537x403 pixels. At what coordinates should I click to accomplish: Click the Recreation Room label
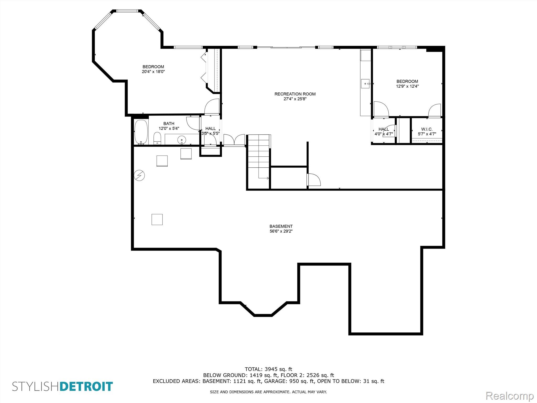295,94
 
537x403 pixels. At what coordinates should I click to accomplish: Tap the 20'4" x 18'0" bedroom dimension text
153,72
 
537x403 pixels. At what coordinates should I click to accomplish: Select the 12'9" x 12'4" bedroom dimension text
407,86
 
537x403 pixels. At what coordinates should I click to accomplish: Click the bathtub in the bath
141,132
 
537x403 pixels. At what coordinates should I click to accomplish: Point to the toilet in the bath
157,138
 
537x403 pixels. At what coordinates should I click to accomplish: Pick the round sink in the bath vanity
181,140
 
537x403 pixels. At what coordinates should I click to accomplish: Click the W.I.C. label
427,129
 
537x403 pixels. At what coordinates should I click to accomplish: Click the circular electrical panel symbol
139,175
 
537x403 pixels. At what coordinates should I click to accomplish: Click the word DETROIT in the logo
86,386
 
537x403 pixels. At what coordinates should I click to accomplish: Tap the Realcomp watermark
510,396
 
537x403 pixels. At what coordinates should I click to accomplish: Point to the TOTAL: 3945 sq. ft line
268,369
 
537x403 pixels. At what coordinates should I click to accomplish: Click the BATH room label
169,124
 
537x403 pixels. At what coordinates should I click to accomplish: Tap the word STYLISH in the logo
36,386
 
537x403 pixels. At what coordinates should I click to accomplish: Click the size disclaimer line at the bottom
268,392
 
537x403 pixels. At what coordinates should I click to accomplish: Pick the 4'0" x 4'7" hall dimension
384,134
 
